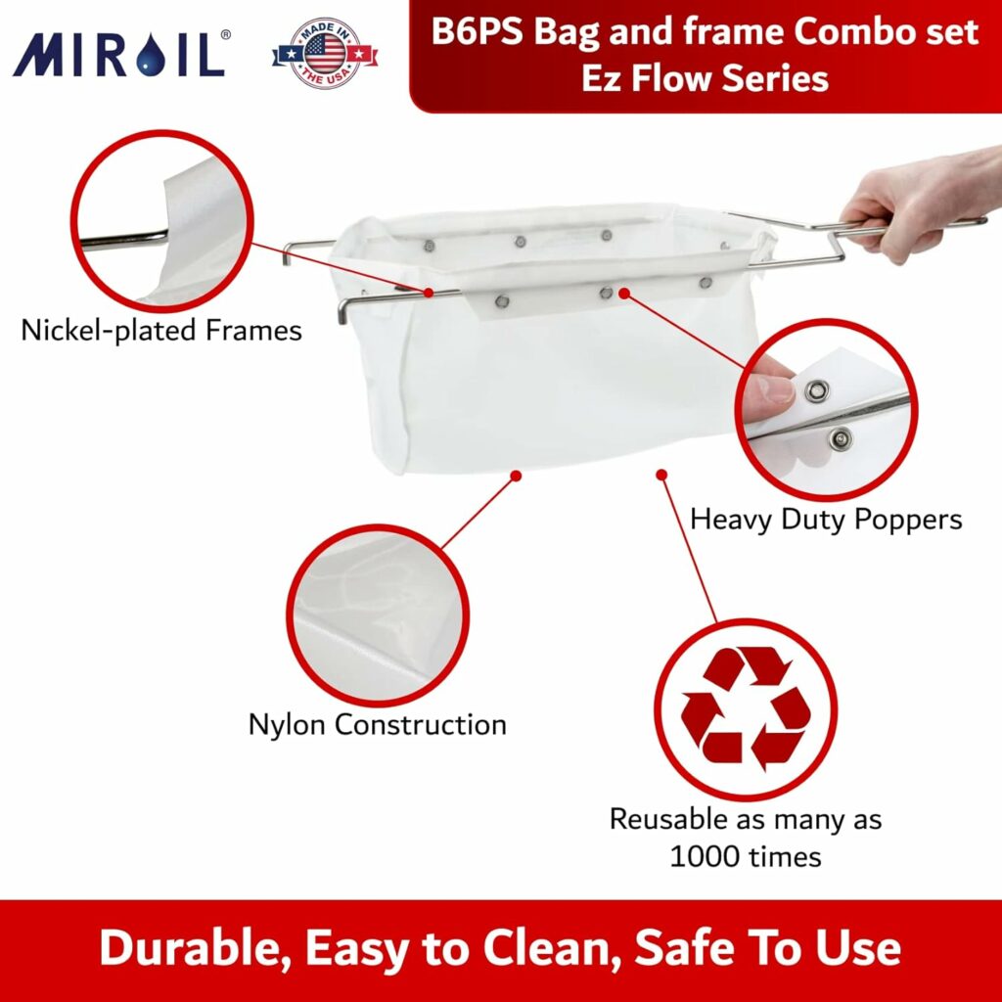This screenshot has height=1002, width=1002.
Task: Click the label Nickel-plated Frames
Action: click(161, 331)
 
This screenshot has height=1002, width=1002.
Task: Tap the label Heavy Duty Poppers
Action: click(826, 519)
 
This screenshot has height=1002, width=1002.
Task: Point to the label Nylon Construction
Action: click(377, 725)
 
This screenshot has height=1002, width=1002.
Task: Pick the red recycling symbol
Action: click(746, 707)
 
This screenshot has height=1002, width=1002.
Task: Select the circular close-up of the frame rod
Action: click(161, 221)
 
